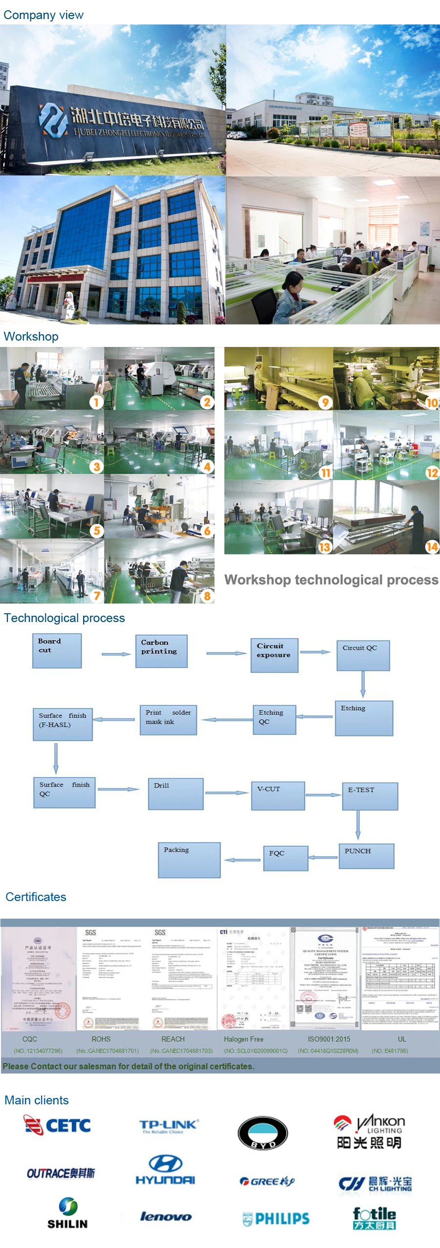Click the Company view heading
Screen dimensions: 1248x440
[44, 15]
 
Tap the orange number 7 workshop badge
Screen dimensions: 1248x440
[97, 596]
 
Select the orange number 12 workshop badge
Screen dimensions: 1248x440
[432, 473]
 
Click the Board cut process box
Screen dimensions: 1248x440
[57, 650]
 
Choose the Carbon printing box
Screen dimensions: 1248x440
[161, 651]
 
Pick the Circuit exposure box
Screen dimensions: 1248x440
[274, 655]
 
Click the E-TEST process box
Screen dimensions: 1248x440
[370, 796]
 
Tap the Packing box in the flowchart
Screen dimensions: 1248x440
[189, 860]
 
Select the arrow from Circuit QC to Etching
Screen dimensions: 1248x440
[363, 685]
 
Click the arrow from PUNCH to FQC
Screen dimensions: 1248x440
[323, 857]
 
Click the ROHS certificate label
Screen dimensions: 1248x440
[101, 1039]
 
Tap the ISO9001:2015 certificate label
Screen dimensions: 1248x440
[329, 1039]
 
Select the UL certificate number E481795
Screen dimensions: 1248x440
[389, 1051]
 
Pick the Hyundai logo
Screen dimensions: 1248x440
[165, 1170]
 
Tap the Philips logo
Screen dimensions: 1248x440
[276, 1219]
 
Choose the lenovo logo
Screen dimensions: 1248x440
[166, 1216]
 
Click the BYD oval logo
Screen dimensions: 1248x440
[263, 1133]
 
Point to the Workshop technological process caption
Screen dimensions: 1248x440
[331, 580]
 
